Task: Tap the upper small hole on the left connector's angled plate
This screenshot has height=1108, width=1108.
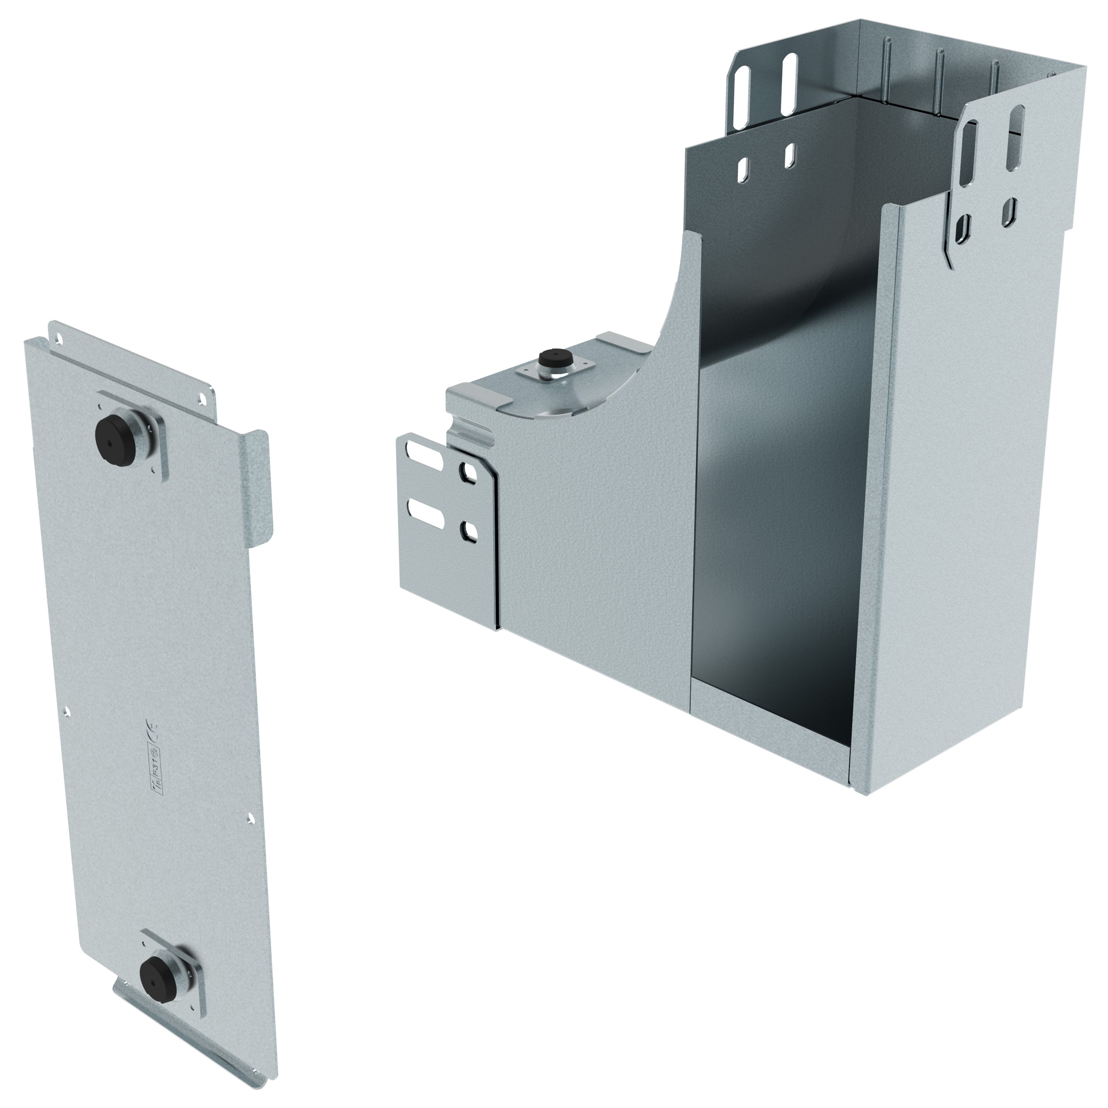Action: [470, 474]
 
